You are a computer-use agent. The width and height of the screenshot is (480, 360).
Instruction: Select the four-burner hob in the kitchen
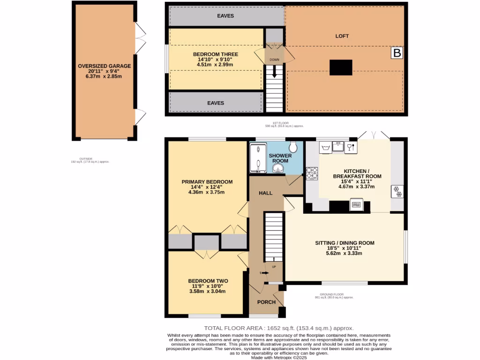coord(312,173)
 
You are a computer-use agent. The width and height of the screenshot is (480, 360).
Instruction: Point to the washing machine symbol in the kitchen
coord(325,148)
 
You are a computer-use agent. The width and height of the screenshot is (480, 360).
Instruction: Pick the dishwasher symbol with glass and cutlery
coord(351,148)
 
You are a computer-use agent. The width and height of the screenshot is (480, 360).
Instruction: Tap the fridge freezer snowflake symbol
coord(397,192)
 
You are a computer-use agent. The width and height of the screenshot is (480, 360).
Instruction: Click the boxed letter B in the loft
coord(397,54)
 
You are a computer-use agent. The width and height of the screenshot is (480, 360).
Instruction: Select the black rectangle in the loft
coord(341,67)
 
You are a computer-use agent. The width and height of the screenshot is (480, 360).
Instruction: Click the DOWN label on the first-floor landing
coord(274,60)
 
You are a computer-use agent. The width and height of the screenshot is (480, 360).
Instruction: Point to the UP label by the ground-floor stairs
coord(274,267)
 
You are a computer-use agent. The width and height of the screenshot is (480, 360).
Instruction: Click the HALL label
coord(266,193)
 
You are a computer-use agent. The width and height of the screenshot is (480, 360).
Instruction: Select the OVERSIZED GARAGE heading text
coord(104,66)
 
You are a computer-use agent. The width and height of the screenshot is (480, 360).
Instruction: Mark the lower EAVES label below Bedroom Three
coord(216,103)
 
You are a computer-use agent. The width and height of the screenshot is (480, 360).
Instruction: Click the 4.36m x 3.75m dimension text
coord(207,192)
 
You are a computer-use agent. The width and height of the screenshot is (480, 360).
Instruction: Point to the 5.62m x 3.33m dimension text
coord(344,253)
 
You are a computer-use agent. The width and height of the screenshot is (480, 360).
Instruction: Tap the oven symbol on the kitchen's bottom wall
coord(356,205)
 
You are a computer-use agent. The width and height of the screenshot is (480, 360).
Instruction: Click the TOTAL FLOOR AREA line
coord(278,329)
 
